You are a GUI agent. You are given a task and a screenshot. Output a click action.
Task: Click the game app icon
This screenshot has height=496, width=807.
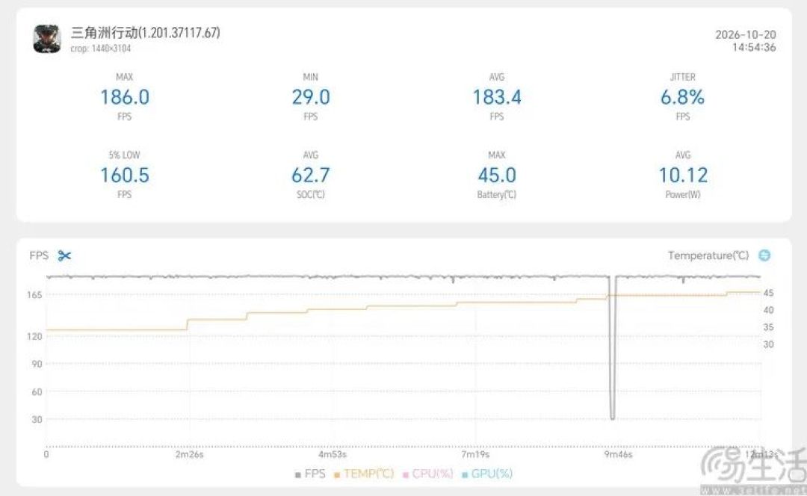[47, 39]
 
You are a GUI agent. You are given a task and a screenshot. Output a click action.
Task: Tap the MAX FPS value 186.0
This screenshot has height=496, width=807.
[125, 96]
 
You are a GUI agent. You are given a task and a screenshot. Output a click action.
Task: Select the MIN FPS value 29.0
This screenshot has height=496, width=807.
[311, 96]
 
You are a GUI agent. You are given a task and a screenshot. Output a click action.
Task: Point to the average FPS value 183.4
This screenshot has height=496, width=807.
[497, 96]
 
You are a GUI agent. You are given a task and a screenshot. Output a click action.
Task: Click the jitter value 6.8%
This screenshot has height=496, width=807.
[682, 96]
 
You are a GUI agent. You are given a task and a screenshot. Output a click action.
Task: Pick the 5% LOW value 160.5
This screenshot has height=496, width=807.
[125, 175]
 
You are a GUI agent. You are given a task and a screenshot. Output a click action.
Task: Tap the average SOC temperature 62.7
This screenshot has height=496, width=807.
[311, 175]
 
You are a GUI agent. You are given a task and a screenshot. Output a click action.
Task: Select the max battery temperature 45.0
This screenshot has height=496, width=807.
[497, 175]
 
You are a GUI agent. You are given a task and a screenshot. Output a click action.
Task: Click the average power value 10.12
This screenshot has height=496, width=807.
[683, 175]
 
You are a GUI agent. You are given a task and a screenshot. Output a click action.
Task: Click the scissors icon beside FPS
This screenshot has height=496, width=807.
[64, 255]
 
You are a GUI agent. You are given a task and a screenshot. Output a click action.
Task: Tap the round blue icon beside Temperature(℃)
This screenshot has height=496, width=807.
[765, 255]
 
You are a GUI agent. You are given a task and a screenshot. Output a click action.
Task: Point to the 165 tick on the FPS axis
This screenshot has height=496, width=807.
[34, 295]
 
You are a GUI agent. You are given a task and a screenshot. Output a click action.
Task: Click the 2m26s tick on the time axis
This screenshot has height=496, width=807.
[189, 454]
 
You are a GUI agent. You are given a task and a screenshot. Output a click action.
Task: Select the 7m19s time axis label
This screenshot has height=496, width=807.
[475, 454]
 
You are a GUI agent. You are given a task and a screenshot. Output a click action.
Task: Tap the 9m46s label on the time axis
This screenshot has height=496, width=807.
[618, 454]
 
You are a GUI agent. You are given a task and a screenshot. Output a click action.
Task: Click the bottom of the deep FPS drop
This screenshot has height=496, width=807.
[613, 418]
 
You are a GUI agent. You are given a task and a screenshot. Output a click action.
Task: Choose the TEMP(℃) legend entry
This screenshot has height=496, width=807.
[364, 474]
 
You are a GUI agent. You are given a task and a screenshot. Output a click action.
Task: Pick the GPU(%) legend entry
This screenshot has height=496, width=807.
[487, 474]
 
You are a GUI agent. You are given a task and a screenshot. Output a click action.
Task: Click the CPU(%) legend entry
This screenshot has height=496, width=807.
[427, 474]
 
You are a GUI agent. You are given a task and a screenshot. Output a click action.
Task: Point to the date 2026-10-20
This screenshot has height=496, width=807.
[745, 34]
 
